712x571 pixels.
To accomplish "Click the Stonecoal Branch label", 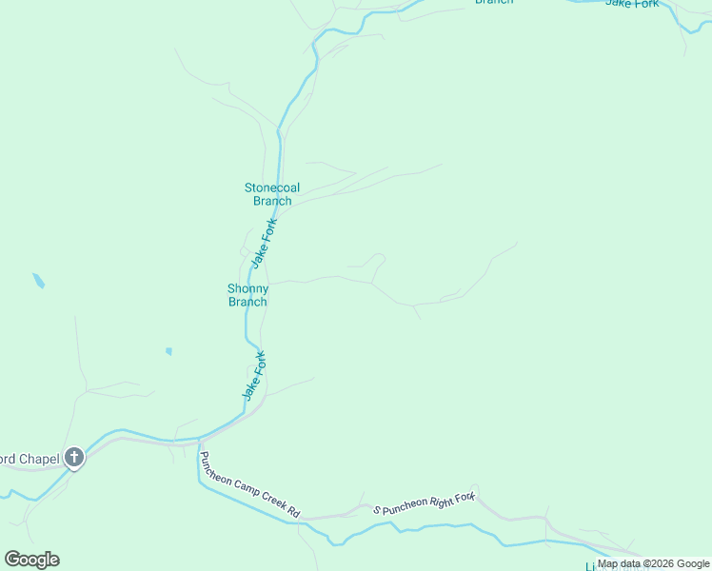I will coord(272,194).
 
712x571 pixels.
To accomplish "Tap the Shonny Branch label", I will coord(247,295).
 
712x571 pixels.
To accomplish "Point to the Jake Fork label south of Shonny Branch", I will coord(252,375).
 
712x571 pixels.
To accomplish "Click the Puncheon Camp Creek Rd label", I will coord(250,485).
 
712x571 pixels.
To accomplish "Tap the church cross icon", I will coord(74,458).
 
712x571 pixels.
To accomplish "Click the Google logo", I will coord(32,560).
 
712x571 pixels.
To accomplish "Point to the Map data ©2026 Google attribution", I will coord(654,563).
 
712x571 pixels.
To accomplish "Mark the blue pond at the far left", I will coord(39,282).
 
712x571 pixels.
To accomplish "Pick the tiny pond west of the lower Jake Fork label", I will coord(168,351).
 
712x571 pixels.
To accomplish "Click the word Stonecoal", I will coord(272,187).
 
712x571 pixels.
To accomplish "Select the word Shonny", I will coord(247,288).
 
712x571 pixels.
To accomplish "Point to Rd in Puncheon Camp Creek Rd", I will coord(293,513).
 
